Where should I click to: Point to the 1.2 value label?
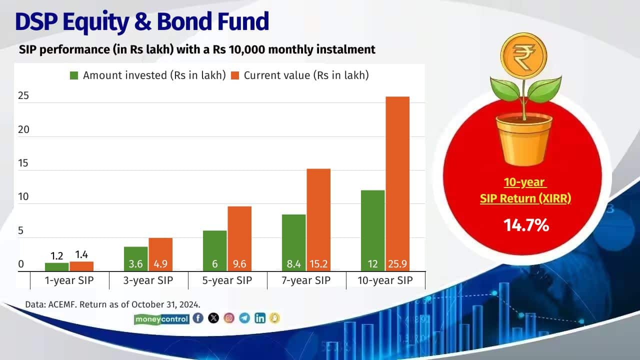click(57, 255)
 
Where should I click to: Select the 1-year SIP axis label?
click(69, 280)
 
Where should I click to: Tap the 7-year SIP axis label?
click(306, 280)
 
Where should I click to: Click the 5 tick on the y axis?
click(20, 231)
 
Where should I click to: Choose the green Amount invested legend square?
click(74, 75)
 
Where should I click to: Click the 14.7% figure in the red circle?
click(526, 225)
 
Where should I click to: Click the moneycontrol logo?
click(161, 319)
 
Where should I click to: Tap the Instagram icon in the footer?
click(229, 318)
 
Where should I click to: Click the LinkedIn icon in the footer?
click(260, 318)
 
